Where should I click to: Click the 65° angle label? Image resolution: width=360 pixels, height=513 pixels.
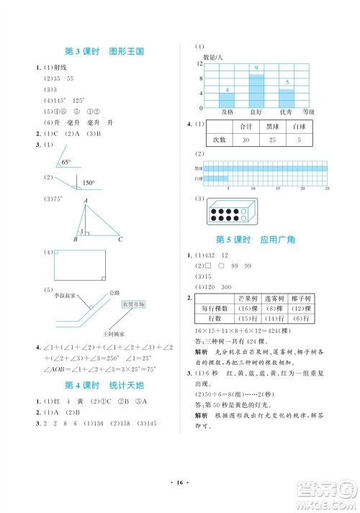(67, 163)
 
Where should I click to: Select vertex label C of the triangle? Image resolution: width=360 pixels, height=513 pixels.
(120, 240)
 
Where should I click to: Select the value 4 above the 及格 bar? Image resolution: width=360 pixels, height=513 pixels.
(228, 89)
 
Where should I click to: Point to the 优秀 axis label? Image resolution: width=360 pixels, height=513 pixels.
(285, 112)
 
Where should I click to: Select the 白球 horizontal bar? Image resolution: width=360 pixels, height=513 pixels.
(216, 178)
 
